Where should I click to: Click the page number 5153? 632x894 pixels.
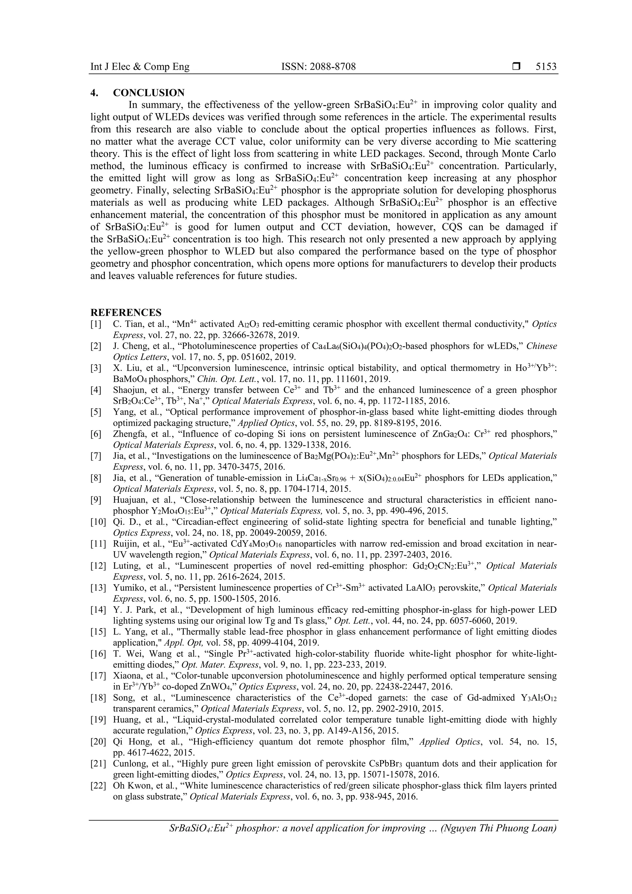[x=546, y=67]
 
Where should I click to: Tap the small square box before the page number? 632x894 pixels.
[x=516, y=67]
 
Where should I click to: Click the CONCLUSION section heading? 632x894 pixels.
[x=149, y=93]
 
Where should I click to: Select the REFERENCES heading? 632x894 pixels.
[x=126, y=313]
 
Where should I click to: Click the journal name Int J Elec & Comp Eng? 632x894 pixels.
[x=140, y=67]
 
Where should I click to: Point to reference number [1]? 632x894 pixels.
[x=96, y=324]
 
